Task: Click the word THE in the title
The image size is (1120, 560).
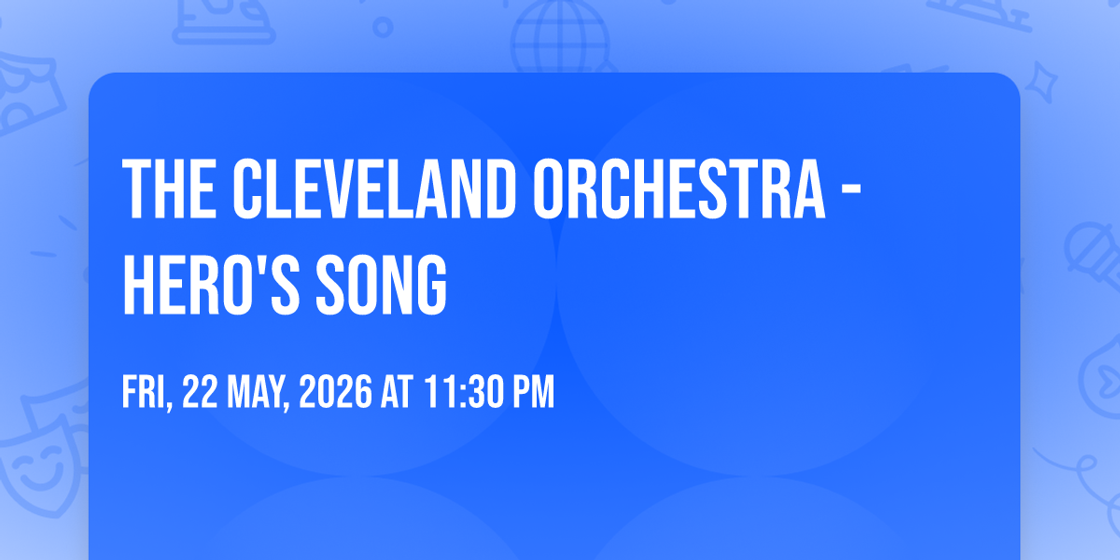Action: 170,189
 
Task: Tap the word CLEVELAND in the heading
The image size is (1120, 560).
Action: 374,189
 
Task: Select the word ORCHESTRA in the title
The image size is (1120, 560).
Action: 679,189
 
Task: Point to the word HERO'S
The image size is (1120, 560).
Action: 211,285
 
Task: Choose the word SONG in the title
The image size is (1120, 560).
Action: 382,285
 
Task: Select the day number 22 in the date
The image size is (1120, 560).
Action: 200,391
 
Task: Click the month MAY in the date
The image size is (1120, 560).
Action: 259,393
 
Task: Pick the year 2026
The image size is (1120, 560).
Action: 335,391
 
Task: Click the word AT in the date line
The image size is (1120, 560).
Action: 398,391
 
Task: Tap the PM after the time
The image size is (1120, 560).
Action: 535,391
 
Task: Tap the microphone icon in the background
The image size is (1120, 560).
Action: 1093,256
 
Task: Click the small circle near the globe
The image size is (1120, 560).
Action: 383,27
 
